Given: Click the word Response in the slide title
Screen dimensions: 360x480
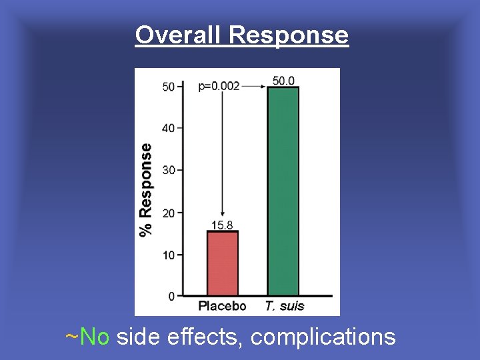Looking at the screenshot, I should click(289, 35).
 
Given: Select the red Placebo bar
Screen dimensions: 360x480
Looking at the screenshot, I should click(223, 263).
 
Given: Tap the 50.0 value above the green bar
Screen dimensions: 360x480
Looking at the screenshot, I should click(283, 81).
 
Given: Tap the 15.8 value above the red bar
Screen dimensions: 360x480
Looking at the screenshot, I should click(223, 225).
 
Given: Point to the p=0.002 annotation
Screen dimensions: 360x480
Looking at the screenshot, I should click(219, 86).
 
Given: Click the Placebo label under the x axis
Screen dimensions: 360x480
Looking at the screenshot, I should click(222, 307).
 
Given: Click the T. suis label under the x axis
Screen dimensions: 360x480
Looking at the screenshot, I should click(284, 307).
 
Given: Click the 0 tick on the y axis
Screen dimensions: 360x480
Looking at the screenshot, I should click(171, 296).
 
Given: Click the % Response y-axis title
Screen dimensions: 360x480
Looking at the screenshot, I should click(146, 190).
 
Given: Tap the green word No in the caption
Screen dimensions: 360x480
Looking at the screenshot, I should click(94, 337).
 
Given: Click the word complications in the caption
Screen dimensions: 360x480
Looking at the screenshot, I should click(323, 337).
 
